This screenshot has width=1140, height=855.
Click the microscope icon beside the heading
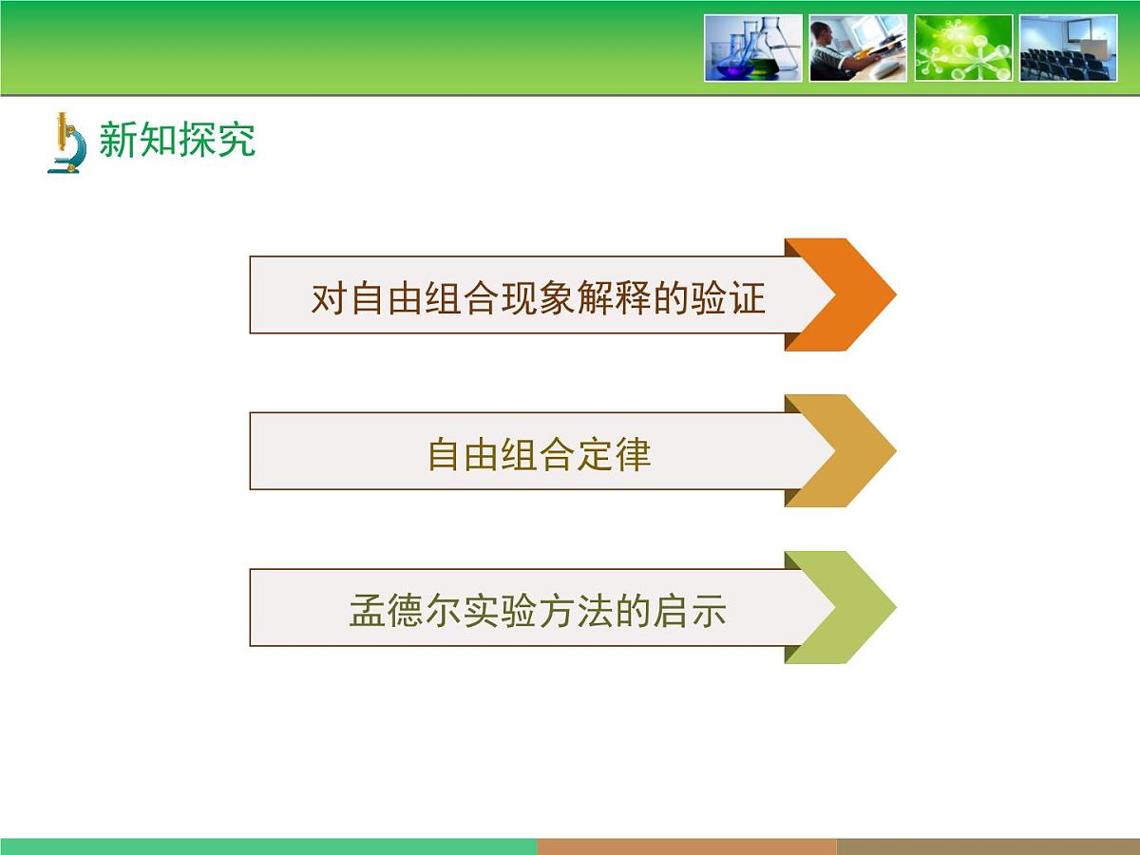[66, 142]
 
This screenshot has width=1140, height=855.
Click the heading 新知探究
[177, 140]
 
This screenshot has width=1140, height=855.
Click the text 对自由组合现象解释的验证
[538, 298]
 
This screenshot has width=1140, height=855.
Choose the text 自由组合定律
[539, 454]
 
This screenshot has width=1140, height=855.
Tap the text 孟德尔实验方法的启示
[538, 611]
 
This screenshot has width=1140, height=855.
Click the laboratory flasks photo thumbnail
[753, 47]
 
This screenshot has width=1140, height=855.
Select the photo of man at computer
[858, 47]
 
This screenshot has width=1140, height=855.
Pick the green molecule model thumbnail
[963, 47]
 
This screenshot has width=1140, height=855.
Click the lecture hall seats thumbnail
[1069, 47]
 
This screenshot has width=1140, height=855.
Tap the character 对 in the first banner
[329, 298]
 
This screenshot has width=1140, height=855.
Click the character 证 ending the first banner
[748, 298]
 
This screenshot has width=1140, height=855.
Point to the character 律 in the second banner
[633, 454]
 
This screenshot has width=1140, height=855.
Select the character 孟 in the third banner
[368, 611]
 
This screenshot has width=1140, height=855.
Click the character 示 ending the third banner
[709, 611]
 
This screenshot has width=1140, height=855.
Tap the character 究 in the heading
[237, 140]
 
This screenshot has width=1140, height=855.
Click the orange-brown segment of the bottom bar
[687, 846]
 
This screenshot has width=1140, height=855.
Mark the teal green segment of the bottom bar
[269, 846]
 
